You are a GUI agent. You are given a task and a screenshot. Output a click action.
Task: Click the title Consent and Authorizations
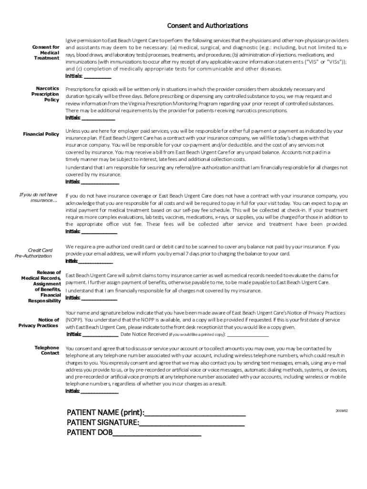coord(207,25)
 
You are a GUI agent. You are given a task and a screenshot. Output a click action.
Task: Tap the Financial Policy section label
coord(41,134)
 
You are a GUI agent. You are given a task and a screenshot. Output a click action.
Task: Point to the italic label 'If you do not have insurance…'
coord(38,197)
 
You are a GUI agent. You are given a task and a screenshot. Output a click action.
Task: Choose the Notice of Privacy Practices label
coord(39,323)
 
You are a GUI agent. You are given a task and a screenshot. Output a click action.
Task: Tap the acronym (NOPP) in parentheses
coord(73,320)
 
